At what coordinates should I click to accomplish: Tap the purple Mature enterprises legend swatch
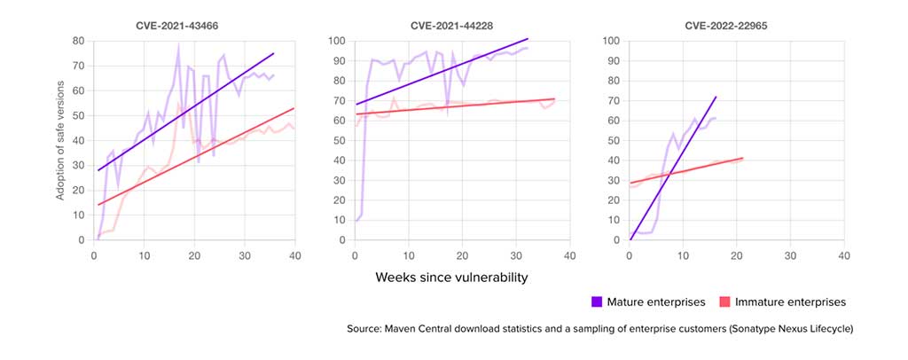pos(597,301)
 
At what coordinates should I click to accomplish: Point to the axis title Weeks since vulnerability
pos(451,278)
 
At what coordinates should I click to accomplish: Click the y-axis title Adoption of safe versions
pos(60,139)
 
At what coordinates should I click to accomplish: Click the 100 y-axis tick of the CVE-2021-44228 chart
pos(337,41)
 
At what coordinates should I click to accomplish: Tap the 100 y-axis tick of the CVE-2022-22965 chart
pos(611,41)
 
